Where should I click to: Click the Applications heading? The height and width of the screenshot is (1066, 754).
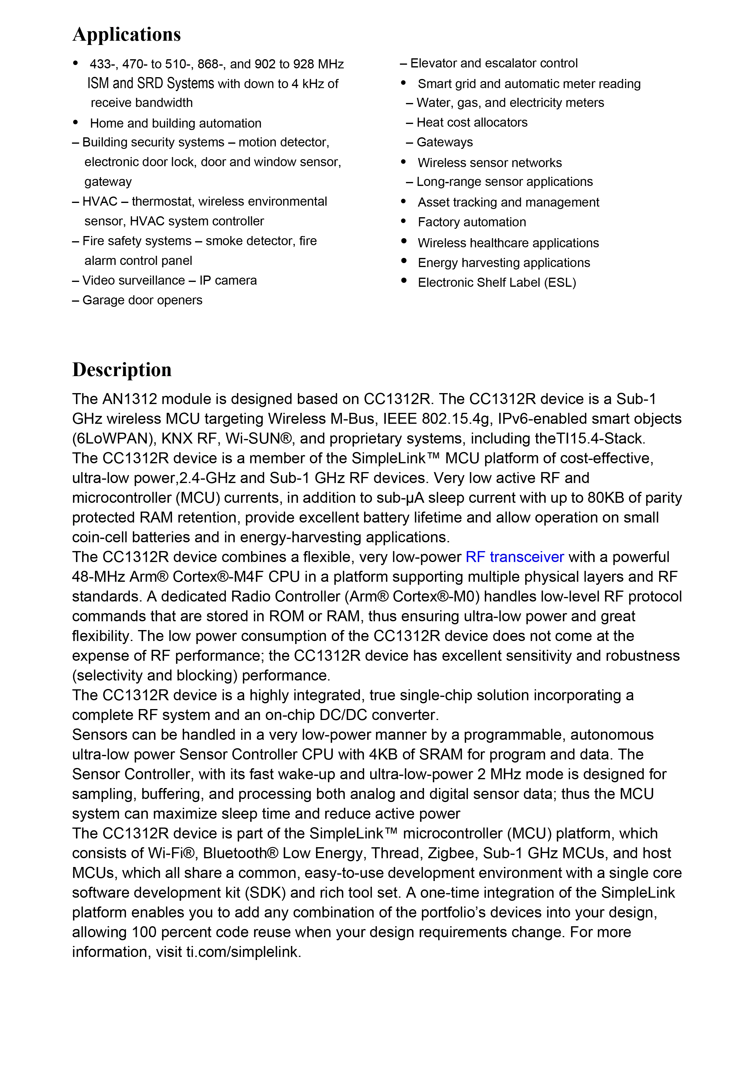pyautogui.click(x=126, y=34)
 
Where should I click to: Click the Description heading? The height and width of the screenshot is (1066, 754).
pyautogui.click(x=122, y=370)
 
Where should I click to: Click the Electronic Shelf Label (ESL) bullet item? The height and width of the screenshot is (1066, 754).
pyautogui.click(x=497, y=283)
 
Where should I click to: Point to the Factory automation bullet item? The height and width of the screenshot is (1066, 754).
pyautogui.click(x=472, y=222)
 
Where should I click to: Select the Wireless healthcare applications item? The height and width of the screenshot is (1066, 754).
pyautogui.click(x=508, y=243)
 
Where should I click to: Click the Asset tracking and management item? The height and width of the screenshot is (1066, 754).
pyautogui.click(x=508, y=202)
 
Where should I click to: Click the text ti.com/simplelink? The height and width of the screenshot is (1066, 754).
pyautogui.click(x=243, y=952)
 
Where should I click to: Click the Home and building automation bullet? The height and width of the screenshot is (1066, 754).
pyautogui.click(x=176, y=124)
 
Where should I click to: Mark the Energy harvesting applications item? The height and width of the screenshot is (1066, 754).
pyautogui.click(x=504, y=263)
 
